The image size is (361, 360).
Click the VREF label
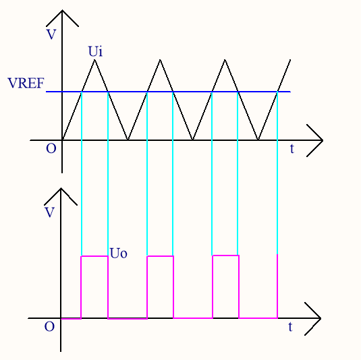[26, 83]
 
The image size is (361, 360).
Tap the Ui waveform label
[95, 51]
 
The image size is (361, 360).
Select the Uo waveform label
[118, 253]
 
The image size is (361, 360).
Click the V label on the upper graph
[51, 34]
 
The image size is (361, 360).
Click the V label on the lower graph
[49, 212]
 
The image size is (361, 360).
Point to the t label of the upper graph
[292, 148]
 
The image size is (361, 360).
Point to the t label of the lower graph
[290, 327]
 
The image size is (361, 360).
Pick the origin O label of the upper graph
[51, 148]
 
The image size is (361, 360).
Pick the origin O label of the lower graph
[49, 326]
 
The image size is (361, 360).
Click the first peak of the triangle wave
[94, 60]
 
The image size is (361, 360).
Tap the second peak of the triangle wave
[160, 60]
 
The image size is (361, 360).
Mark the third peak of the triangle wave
[225, 60]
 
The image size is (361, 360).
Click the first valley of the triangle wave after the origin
[128, 140]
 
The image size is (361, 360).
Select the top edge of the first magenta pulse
[94, 256]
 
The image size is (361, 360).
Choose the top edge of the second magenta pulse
[160, 256]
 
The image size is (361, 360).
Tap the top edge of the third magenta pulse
[225, 256]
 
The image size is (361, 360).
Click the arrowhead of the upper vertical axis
[62, 11]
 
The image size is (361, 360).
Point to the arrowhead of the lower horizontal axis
[320, 318]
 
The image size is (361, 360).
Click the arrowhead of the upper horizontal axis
[323, 140]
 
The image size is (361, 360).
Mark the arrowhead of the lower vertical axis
[61, 189]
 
